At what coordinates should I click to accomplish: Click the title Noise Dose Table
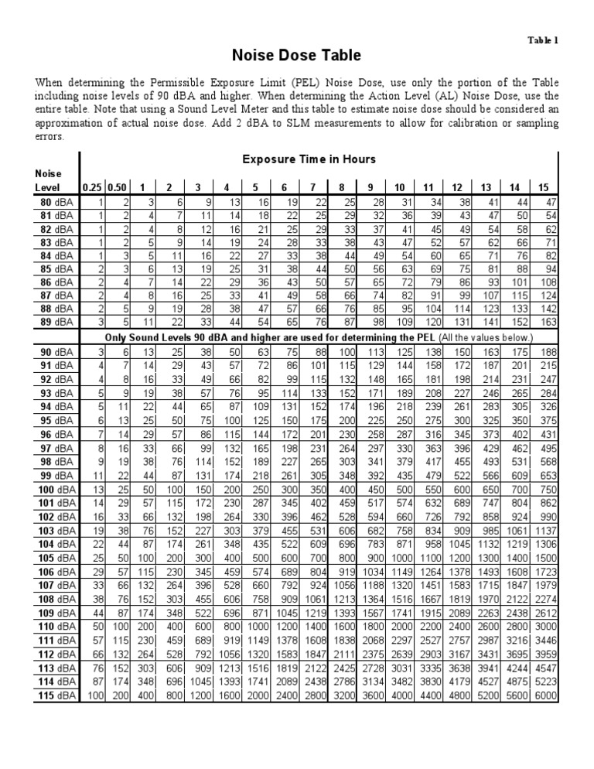click(x=297, y=56)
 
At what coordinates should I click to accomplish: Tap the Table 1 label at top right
click(x=543, y=40)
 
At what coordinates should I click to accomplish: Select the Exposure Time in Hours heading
click(x=309, y=159)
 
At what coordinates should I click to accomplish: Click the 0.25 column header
click(x=92, y=187)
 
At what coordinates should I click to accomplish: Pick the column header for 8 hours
click(x=341, y=187)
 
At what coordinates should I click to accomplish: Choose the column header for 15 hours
click(x=544, y=187)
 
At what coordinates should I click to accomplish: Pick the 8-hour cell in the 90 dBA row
click(x=341, y=352)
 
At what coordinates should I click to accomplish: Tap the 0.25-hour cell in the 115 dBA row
click(x=94, y=696)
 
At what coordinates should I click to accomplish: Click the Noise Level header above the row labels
click(x=46, y=181)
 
